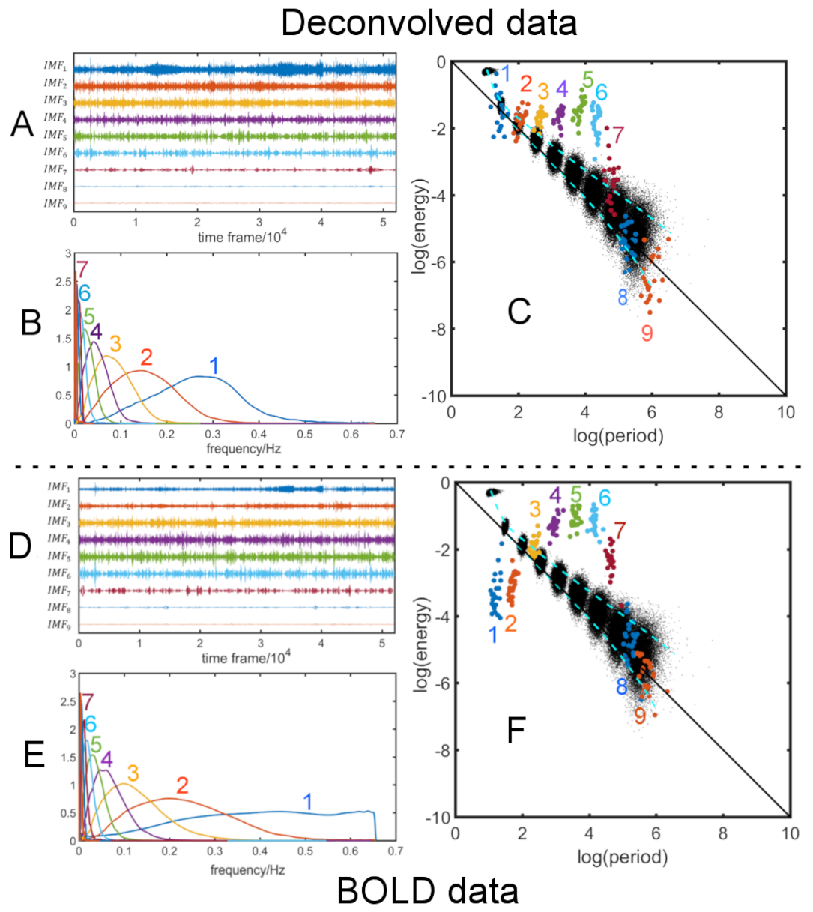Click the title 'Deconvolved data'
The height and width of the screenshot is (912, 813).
(x=429, y=23)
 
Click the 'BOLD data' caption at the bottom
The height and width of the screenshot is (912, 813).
(x=428, y=891)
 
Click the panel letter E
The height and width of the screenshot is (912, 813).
(x=34, y=755)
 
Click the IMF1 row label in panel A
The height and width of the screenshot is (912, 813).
(x=55, y=67)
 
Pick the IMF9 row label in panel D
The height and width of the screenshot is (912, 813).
(x=59, y=625)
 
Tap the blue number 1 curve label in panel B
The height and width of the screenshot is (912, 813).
(x=214, y=366)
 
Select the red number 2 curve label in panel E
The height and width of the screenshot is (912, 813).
(x=182, y=785)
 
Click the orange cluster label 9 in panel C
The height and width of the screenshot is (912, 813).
(x=647, y=333)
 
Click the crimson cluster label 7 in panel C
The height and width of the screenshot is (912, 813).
(x=617, y=136)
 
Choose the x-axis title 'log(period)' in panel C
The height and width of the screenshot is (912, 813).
(x=618, y=435)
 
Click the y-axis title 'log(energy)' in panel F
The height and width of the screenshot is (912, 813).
(x=423, y=644)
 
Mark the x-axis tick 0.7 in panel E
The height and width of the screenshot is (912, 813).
(x=395, y=851)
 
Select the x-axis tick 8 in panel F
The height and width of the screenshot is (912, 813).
(x=723, y=833)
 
